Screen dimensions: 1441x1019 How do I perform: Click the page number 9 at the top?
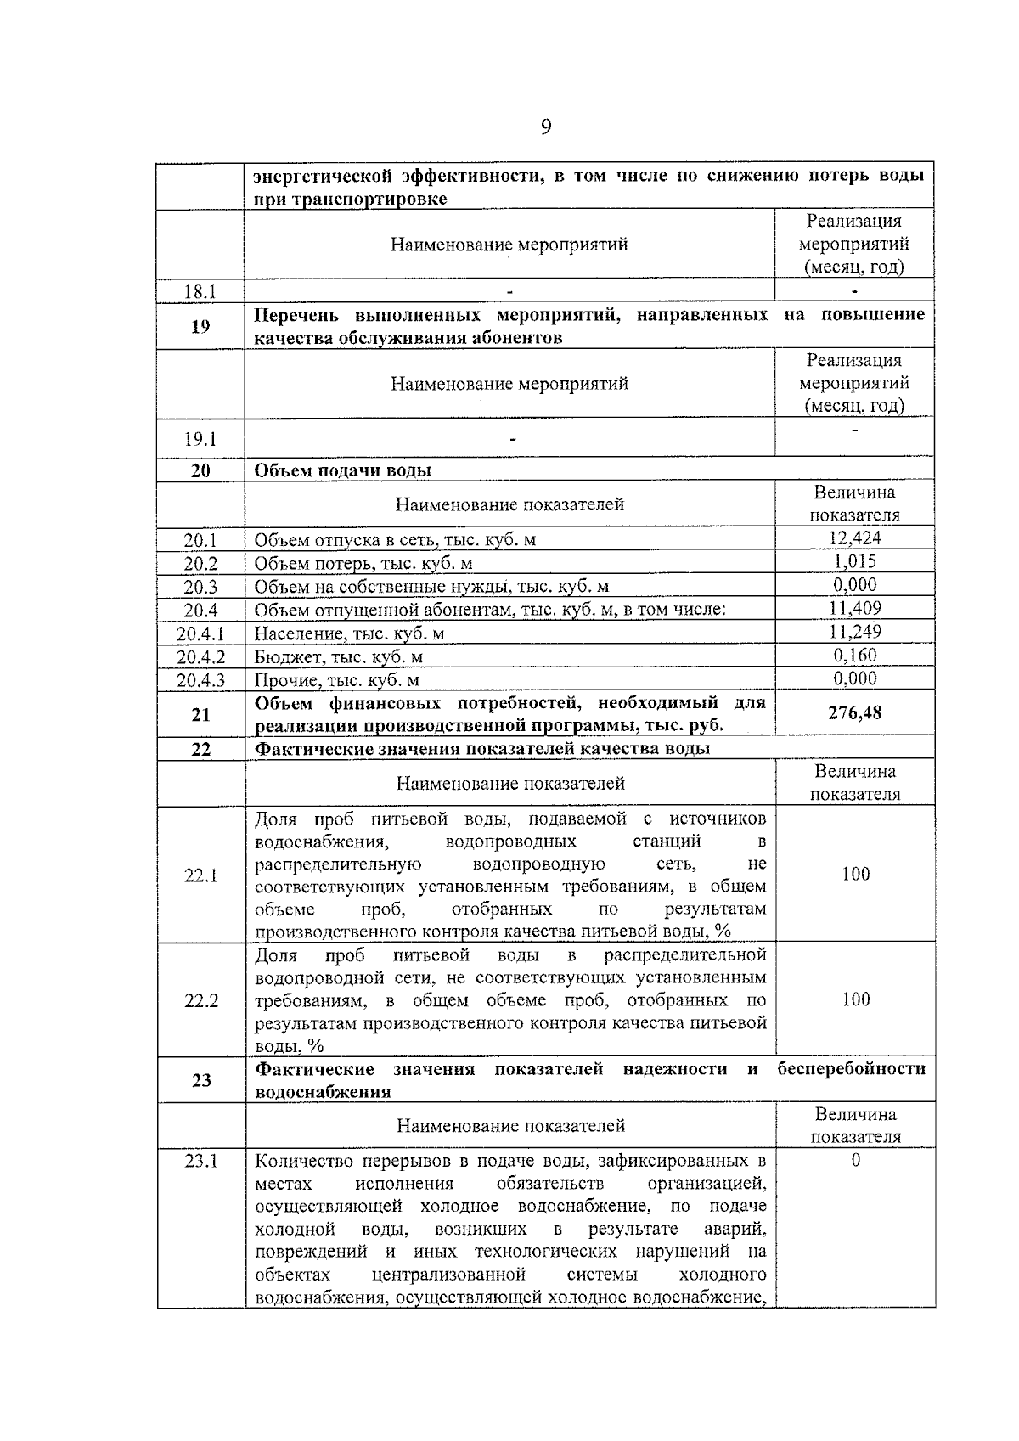(545, 127)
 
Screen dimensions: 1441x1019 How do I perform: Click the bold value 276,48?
(854, 713)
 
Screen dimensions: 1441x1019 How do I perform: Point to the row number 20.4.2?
(200, 656)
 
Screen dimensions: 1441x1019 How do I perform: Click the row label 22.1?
(200, 875)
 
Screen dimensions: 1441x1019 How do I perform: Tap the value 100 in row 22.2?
(855, 999)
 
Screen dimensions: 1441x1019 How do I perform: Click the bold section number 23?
(200, 1080)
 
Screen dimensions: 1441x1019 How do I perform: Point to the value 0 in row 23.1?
(855, 1161)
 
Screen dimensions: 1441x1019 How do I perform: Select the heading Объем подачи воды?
(343, 470)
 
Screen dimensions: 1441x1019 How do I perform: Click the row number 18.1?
(200, 292)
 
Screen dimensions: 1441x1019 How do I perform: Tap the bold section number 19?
(200, 326)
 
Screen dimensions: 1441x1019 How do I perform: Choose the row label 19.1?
(200, 439)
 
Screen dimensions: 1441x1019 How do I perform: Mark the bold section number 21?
(200, 714)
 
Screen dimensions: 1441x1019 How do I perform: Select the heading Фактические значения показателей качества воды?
(482, 748)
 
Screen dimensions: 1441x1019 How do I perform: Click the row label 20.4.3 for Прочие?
(200, 680)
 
